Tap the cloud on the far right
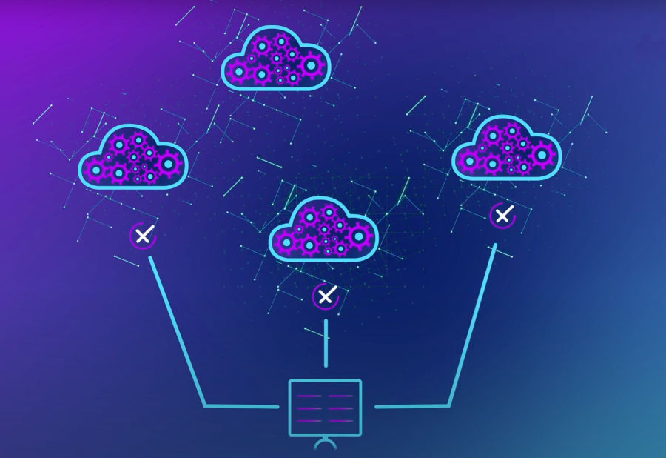click(x=506, y=147)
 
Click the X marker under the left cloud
click(x=143, y=236)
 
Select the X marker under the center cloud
click(x=325, y=296)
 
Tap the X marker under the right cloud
click(x=502, y=216)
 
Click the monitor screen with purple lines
click(x=324, y=407)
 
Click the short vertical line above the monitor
click(x=325, y=342)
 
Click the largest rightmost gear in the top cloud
click(x=312, y=67)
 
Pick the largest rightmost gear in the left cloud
click(x=169, y=163)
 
